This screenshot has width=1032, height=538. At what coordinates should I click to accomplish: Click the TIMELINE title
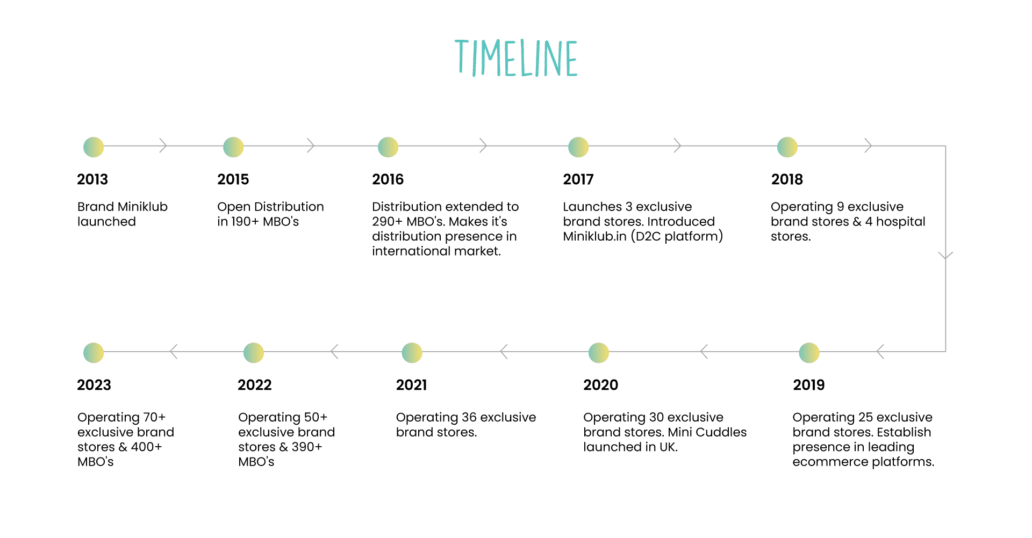516,58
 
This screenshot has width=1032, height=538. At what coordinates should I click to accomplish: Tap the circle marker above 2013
94,147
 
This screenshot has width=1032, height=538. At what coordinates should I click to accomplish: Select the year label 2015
233,179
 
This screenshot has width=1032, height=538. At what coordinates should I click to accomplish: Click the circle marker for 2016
388,147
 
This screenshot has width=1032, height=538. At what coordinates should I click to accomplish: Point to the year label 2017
578,179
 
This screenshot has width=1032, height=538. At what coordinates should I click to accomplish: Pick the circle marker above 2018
787,147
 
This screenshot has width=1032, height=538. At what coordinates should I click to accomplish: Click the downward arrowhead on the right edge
945,256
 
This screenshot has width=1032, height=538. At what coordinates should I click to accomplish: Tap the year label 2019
809,385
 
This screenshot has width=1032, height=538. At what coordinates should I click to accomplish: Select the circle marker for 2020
599,353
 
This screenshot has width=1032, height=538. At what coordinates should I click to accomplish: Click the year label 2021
412,385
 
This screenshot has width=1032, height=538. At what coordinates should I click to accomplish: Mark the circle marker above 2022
254,353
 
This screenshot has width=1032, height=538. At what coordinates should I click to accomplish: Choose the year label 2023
94,385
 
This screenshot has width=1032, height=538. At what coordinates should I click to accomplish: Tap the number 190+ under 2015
245,222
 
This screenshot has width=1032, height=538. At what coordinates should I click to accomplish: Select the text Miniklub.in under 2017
595,236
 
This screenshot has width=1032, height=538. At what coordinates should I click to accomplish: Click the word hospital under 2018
901,222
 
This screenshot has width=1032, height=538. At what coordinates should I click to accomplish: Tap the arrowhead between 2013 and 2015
163,146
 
